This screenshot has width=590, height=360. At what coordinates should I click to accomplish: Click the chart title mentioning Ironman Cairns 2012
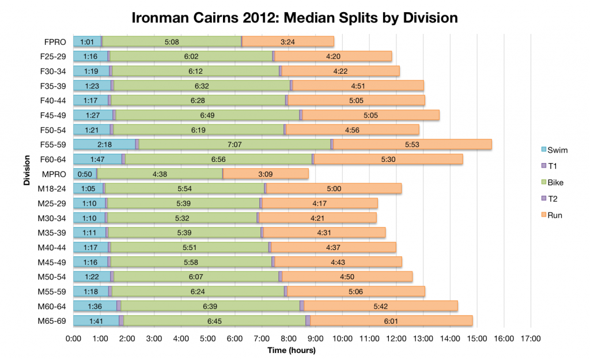click(295, 18)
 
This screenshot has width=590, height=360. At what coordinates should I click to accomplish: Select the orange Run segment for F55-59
click(412, 145)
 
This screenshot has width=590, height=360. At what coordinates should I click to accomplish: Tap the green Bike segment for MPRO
click(160, 174)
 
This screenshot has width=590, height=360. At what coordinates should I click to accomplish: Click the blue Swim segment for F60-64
click(97, 159)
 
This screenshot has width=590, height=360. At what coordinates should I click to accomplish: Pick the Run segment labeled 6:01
click(391, 321)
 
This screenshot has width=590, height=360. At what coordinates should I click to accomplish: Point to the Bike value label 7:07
click(234, 145)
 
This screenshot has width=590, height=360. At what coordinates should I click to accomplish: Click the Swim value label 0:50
click(85, 174)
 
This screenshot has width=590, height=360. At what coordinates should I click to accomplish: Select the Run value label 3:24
click(288, 41)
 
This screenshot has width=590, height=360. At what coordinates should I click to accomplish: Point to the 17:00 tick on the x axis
click(531, 339)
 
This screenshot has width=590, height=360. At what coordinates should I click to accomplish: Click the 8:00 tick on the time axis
click(289, 339)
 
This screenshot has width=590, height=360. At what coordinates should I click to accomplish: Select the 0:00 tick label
click(73, 339)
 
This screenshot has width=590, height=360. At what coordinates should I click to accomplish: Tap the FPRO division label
click(55, 41)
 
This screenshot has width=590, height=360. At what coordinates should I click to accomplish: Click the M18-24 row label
click(52, 188)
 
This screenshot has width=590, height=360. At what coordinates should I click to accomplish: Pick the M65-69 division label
click(52, 321)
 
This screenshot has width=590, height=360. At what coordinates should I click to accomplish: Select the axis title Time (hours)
click(292, 350)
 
